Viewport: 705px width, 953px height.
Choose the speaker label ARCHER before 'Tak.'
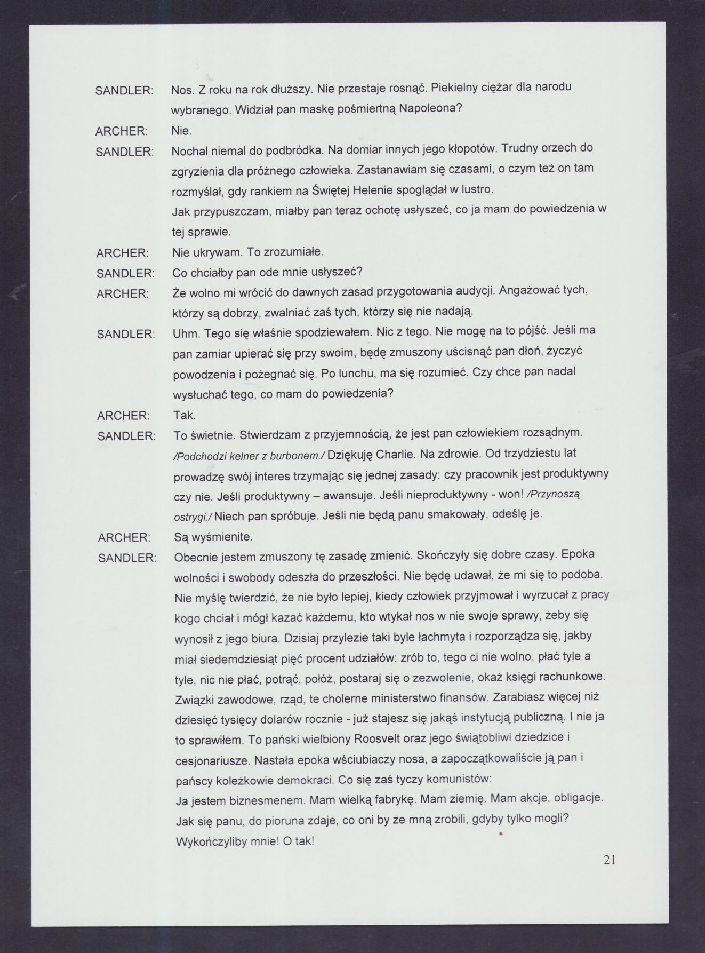click(124, 415)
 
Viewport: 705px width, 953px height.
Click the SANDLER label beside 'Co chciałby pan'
click(125, 273)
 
